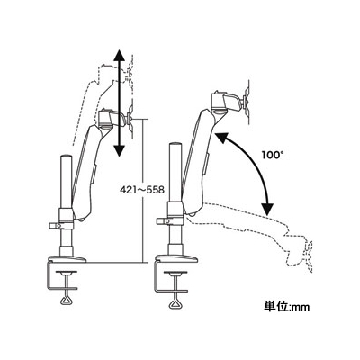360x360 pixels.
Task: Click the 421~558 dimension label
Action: pos(142,190)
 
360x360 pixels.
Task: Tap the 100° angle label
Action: pos(273,156)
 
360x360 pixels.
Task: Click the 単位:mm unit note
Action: pos(287,307)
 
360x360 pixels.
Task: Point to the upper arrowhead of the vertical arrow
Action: pos(120,55)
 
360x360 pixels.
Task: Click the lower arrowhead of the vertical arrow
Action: pos(120,149)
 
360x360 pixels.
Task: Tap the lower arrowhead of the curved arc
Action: pos(266,209)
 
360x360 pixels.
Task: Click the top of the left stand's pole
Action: pos(67,157)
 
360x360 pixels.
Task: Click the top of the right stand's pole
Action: pos(175,145)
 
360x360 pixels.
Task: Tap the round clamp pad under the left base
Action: pos(67,273)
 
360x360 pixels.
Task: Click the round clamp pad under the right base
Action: pos(175,273)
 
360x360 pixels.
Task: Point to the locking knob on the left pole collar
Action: pos(54,226)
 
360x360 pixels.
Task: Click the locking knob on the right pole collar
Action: pos(163,221)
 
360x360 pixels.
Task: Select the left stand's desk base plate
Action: pos(67,259)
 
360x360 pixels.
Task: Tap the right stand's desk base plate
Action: pos(175,258)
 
